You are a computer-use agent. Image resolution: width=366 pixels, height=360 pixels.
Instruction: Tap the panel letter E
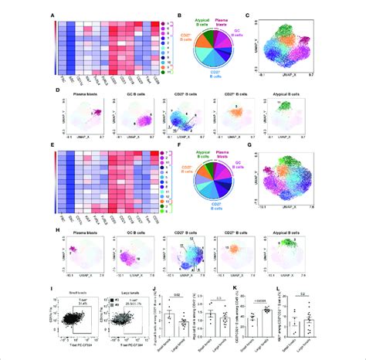coord(52,144)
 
